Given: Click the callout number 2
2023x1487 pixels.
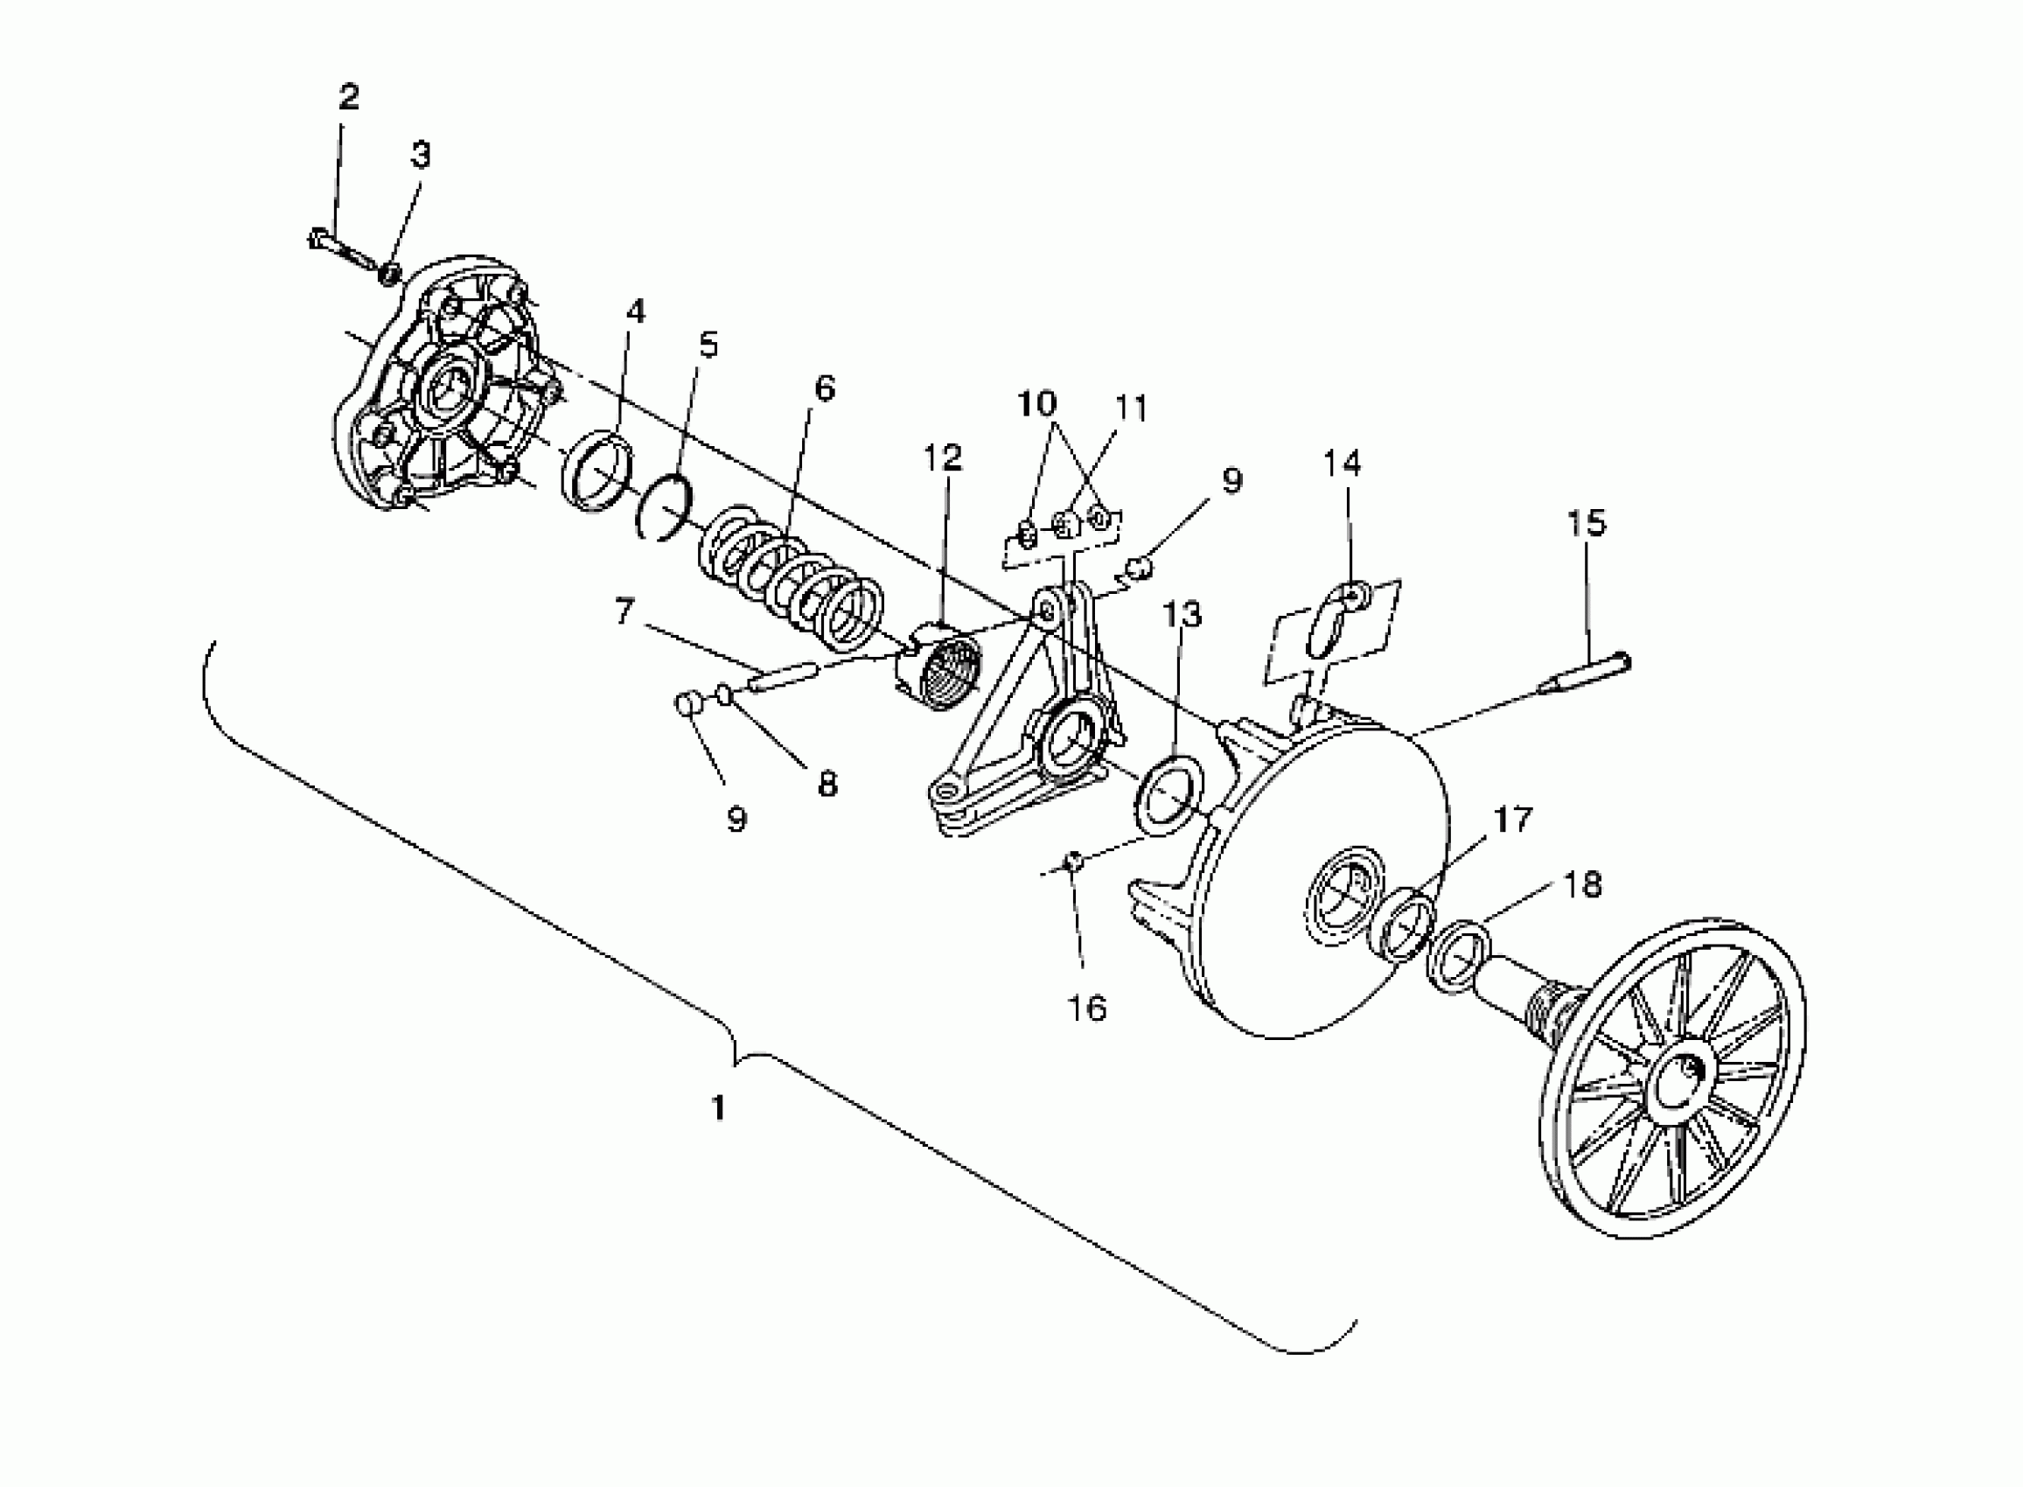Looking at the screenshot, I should (x=348, y=97).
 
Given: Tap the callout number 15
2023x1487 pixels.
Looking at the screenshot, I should (x=1586, y=522).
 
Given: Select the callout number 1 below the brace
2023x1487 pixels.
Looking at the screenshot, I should (x=718, y=1107).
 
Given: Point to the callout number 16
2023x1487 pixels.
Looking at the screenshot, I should (x=1086, y=1009).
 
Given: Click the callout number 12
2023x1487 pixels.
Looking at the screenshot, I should (x=942, y=457).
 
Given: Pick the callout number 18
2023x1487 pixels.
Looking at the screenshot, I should (x=1584, y=885).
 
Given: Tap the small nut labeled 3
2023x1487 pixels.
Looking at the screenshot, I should (x=388, y=273).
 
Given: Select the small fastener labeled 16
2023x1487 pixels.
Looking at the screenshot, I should (x=1072, y=862).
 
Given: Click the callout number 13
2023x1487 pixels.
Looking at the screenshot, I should (x=1182, y=615).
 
